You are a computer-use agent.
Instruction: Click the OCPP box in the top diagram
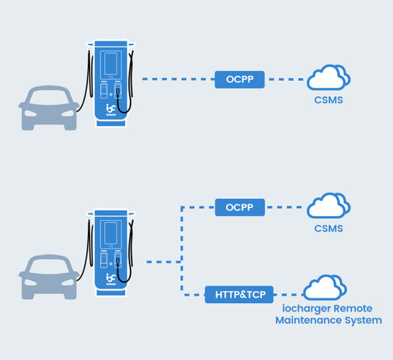click(240, 80)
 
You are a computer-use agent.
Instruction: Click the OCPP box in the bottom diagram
click(240, 207)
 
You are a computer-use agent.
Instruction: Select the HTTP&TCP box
click(240, 295)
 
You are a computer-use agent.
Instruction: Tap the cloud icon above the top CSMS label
click(329, 78)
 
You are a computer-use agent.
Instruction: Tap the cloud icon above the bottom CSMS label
click(329, 206)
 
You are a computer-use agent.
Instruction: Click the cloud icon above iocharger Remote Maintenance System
click(324, 288)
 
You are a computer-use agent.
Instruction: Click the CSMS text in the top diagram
click(329, 101)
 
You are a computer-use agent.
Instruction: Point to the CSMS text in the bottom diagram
click(329, 229)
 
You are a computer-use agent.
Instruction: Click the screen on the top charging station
click(110, 63)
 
